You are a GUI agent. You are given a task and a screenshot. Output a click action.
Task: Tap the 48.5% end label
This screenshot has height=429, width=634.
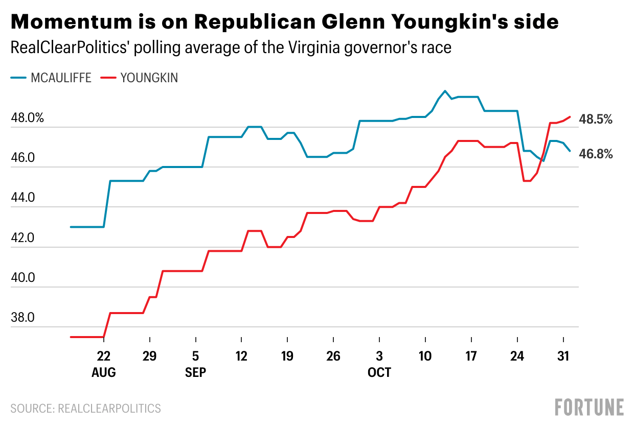tap(596, 120)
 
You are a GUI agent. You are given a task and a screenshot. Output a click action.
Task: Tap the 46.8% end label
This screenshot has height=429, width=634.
tap(596, 154)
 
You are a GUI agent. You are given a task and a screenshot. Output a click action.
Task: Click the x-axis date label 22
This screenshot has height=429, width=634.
tap(104, 356)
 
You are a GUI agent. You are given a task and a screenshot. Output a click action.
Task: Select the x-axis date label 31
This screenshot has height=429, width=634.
tap(563, 356)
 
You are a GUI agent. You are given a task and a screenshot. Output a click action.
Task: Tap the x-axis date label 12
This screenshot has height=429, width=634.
tap(241, 356)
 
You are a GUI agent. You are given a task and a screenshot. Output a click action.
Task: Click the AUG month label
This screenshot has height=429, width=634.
tap(104, 373)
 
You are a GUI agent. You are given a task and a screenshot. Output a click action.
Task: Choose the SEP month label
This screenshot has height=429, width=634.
tap(196, 373)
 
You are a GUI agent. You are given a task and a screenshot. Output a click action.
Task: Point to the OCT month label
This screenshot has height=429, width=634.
tap(379, 373)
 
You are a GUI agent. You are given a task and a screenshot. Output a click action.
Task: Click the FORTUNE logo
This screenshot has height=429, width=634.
tap(589, 407)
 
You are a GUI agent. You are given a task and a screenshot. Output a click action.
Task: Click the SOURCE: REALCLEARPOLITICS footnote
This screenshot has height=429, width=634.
tap(85, 409)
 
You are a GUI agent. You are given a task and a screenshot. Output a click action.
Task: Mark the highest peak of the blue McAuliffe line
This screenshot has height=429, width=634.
tap(445, 91)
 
